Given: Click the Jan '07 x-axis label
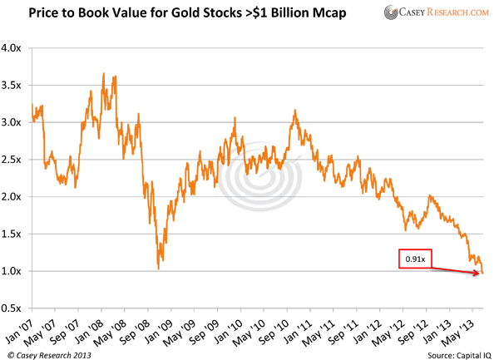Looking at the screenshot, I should pos(22,327).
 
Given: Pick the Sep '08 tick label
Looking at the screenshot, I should pos(140,327).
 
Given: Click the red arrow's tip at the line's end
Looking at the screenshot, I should pos(480,272).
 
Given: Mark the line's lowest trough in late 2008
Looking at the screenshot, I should pos(158,268).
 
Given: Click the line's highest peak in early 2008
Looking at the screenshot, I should pos(103,74).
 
